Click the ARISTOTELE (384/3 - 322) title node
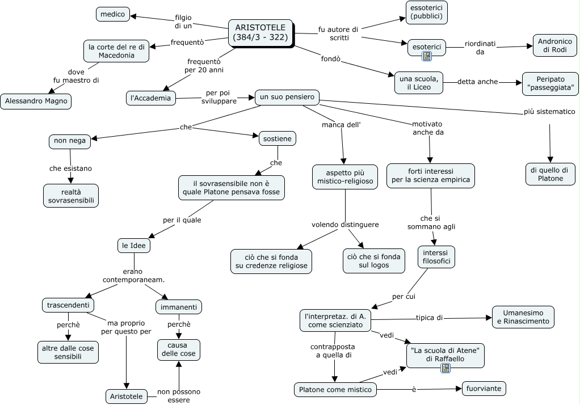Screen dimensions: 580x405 (261, 33)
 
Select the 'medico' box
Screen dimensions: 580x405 (113, 14)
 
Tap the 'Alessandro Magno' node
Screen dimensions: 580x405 (36, 101)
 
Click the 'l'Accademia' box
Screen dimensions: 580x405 (151, 98)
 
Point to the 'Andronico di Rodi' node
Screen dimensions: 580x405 (555, 45)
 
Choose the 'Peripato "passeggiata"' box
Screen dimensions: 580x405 (550, 83)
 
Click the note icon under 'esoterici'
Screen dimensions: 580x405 (427, 56)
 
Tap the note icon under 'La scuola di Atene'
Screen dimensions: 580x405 (445, 368)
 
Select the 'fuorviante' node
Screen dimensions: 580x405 (484, 389)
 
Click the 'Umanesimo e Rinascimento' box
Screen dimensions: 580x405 (523, 317)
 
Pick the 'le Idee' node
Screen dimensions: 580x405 (134, 245)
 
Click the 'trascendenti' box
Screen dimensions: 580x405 (68, 305)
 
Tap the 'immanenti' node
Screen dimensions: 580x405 (179, 307)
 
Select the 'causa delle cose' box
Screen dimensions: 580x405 (179, 349)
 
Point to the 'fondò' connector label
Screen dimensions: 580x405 (331, 59)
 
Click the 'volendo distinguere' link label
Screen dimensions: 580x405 (345, 225)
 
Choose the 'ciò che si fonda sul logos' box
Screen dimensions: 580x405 (374, 261)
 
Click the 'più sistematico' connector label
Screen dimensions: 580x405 (549, 112)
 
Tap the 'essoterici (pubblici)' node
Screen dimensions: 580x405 (427, 12)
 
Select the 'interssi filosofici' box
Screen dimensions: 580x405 (436, 257)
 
